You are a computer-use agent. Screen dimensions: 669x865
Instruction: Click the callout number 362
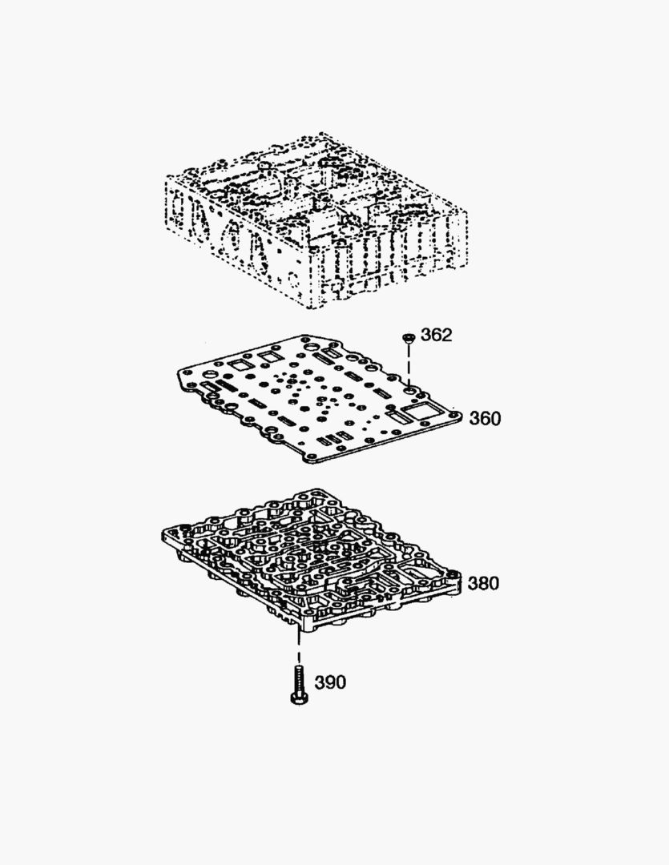tap(436, 335)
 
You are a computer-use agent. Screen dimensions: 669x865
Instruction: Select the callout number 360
tap(485, 419)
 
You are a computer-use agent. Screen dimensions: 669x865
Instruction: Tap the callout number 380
tap(483, 583)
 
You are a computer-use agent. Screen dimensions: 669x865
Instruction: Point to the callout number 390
tap(330, 682)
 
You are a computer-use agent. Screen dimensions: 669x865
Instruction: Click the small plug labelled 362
tap(408, 338)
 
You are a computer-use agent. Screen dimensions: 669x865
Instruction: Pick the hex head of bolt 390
tap(298, 699)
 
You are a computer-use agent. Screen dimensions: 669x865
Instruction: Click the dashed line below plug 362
tap(409, 364)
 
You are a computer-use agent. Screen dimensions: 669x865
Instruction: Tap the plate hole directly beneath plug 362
tap(409, 389)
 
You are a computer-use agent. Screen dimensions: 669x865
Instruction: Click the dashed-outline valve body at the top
tap(317, 221)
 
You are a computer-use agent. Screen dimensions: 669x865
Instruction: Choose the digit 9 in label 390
tap(330, 682)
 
